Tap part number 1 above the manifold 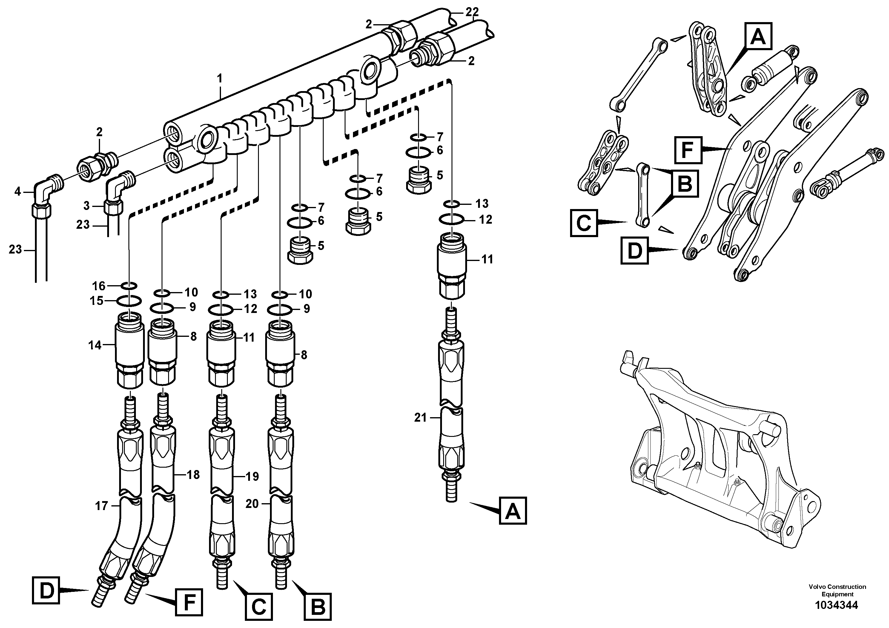[x=219, y=79]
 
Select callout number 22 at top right [x=472, y=12]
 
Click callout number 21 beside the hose [x=420, y=418]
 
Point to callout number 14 [x=95, y=345]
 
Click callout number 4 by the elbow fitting [x=17, y=191]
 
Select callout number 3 [x=86, y=205]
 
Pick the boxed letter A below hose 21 [x=513, y=511]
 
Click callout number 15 [x=97, y=300]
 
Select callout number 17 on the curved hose [x=102, y=506]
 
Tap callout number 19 [x=252, y=476]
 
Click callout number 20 [x=252, y=504]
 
